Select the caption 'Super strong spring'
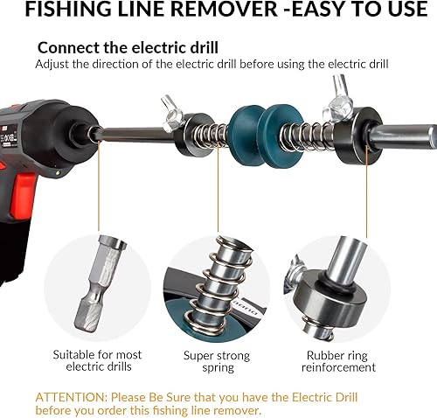tap(216, 361)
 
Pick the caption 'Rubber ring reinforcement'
tap(340, 361)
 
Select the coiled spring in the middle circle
tap(218, 280)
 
